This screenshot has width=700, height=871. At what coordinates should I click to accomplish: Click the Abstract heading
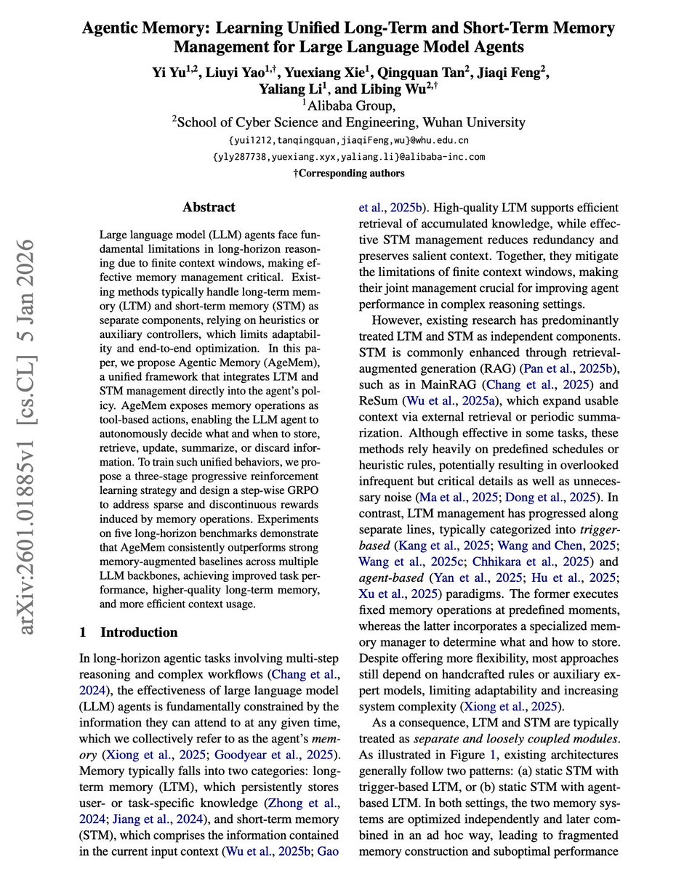pyautogui.click(x=209, y=207)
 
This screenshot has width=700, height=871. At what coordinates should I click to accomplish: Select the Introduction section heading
pyautogui.click(x=138, y=632)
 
